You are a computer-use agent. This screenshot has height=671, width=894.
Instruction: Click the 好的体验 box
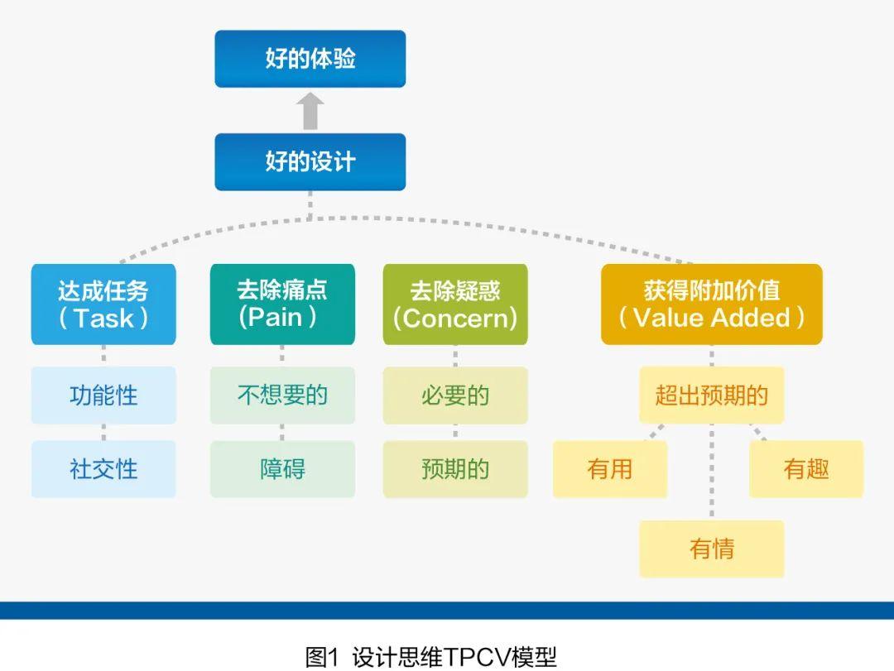point(310,59)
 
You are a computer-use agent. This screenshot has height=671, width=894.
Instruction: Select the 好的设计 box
point(310,161)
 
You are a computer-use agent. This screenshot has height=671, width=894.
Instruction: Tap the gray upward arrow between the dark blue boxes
point(310,111)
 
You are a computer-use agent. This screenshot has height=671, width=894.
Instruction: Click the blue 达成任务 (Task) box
point(103,304)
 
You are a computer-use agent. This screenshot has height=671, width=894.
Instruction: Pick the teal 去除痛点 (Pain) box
point(282,304)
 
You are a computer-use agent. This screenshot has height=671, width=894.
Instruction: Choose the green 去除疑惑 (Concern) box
point(455,304)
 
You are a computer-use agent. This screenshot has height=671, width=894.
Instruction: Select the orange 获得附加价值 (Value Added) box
point(712,304)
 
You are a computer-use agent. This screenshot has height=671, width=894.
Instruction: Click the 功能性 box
point(103,395)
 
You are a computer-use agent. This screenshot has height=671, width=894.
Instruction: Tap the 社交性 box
point(103,469)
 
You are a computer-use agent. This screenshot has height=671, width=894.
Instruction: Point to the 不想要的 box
point(282,395)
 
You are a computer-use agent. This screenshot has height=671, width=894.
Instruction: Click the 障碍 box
point(282,469)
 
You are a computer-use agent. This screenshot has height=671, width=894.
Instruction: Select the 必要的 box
point(455,395)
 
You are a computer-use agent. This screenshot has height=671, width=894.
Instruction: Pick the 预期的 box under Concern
point(455,469)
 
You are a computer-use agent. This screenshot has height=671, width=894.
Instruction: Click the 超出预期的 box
point(712,395)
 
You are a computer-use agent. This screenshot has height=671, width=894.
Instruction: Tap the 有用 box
point(610,469)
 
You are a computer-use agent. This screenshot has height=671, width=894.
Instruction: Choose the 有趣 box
point(806,469)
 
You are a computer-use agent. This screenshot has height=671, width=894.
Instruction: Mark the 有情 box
point(712,549)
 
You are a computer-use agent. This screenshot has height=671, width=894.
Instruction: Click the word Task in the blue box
point(103,319)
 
